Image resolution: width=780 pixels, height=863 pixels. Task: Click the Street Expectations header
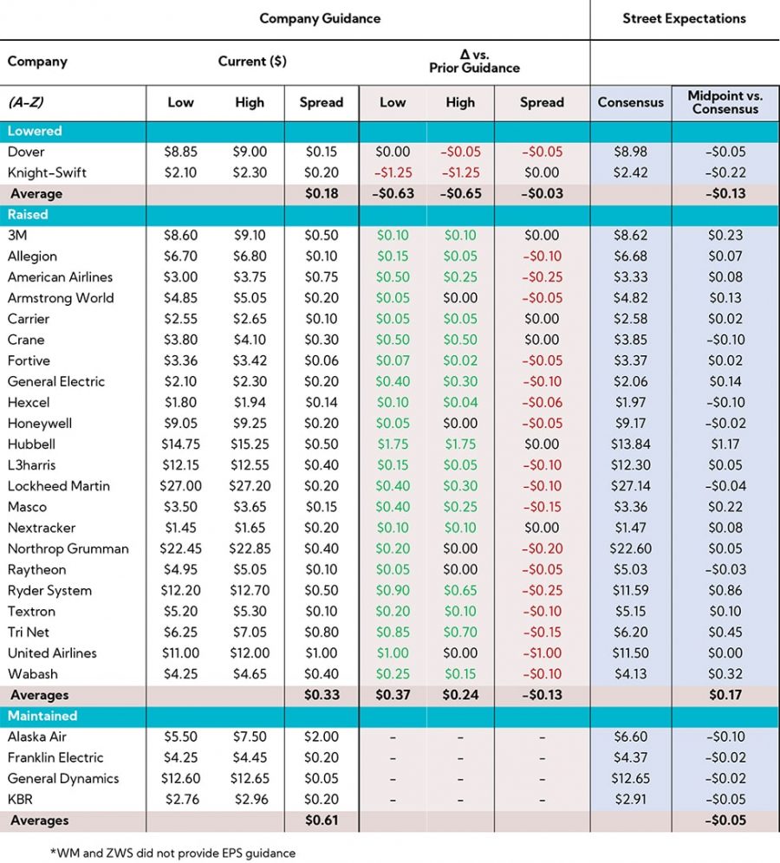coord(684,18)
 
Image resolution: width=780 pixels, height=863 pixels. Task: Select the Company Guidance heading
coord(320,18)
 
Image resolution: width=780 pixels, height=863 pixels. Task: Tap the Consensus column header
coord(631,102)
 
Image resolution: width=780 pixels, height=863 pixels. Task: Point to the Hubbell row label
coord(31,444)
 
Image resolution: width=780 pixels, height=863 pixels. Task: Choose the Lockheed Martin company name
coord(59,486)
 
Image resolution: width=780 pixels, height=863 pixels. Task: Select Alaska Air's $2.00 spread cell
coord(322,736)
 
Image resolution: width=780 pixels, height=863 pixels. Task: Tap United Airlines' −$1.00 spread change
coord(542,653)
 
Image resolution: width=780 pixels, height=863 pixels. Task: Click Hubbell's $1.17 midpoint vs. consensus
coord(725,444)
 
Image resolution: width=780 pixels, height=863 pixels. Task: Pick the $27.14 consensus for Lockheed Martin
coord(631,486)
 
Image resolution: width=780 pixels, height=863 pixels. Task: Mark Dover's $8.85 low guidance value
coord(180,152)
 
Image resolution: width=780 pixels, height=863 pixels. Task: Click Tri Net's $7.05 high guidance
coord(250,633)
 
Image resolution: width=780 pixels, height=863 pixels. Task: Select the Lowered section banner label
coord(35,131)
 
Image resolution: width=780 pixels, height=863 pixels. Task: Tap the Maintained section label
coord(42,716)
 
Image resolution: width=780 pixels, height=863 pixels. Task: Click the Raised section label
coord(28,214)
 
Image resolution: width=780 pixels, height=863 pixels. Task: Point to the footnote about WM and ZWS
coord(172,853)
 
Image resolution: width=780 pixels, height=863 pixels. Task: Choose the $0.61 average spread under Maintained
coord(322,821)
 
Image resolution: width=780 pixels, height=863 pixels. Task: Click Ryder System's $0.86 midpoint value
coord(725,591)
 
